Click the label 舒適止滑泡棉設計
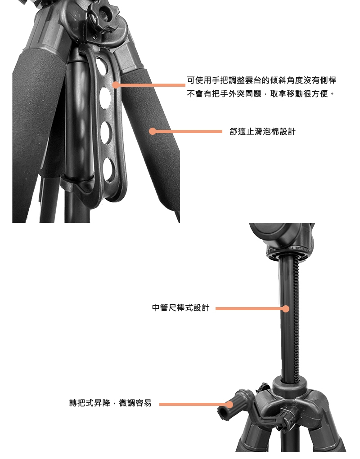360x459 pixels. click(262, 132)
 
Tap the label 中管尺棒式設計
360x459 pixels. click(181, 307)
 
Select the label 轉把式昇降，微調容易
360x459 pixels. click(110, 403)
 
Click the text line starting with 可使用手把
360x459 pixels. click(261, 80)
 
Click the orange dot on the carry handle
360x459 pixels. click(116, 85)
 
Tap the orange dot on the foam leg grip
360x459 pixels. click(152, 131)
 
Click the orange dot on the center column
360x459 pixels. click(286, 308)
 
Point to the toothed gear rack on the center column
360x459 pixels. click(296, 320)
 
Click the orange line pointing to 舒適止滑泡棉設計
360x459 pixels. click(187, 131)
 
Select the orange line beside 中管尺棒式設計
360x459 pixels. click(251, 308)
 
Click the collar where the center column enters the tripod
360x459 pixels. click(290, 385)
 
